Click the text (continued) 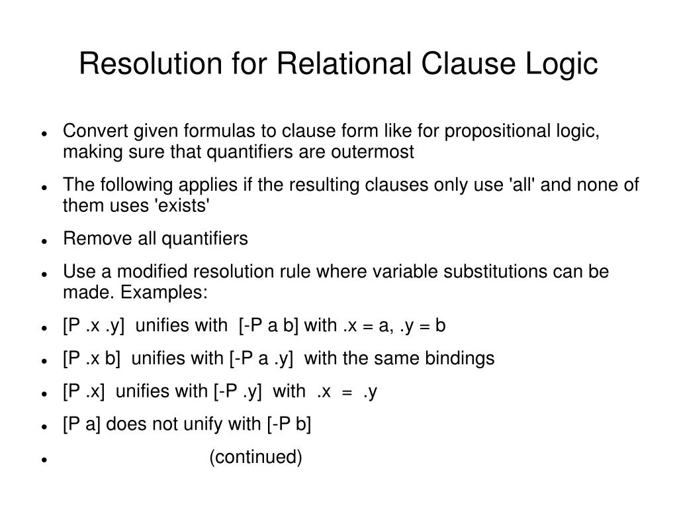255,457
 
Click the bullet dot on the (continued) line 43,459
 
